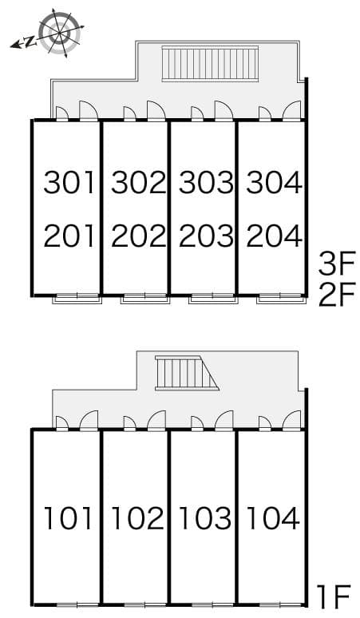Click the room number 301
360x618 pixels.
69,183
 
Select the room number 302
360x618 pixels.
137,183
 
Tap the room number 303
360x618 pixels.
205,183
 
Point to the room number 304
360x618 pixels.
273,183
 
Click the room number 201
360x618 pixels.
69,236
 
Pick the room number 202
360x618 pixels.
137,236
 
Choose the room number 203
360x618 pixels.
205,236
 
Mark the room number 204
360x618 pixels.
273,236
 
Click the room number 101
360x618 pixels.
69,519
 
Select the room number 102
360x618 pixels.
137,519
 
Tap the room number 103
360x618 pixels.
205,519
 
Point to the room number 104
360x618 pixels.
273,519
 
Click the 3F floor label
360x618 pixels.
336,262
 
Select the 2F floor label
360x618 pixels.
336,295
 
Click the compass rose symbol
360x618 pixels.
59,33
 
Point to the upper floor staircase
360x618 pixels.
210,63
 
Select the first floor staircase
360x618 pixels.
186,372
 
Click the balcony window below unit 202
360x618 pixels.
144,300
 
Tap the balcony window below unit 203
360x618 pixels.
212,300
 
